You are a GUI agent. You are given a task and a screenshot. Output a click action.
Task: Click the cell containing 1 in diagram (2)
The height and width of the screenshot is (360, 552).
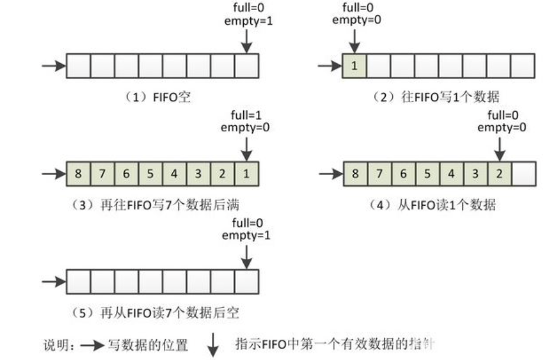tap(354, 66)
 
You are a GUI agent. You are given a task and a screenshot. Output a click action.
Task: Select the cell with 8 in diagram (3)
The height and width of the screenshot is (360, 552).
tap(78, 174)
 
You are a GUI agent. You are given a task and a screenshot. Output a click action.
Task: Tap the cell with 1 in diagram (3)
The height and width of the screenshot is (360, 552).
tap(247, 174)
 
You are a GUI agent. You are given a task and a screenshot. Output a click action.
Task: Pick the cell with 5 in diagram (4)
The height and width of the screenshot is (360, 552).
tap(427, 174)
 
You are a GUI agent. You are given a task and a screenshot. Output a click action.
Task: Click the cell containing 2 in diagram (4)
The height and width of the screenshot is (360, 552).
tap(499, 174)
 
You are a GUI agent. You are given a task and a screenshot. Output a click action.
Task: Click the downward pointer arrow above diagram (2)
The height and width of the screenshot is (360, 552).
tap(354, 40)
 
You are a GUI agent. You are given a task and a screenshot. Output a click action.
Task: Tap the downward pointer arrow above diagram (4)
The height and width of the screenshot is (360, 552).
tap(499, 148)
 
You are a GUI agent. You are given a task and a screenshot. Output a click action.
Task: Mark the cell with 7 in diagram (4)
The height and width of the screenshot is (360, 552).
tap(379, 174)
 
